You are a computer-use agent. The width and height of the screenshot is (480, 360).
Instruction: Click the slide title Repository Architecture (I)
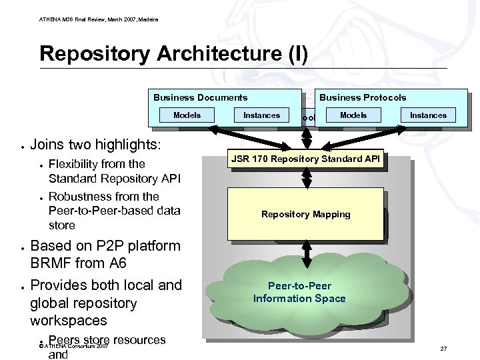pyautogui.click(x=173, y=53)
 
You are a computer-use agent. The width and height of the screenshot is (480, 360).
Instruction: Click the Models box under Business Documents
pyautogui.click(x=187, y=115)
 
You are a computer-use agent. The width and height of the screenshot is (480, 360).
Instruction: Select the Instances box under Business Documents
pyautogui.click(x=261, y=115)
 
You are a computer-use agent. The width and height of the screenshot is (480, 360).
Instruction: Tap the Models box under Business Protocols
pyautogui.click(x=353, y=115)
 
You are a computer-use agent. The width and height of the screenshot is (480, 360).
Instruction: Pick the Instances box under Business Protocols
pyautogui.click(x=428, y=115)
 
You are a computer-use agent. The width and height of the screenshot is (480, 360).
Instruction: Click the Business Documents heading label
pyautogui.click(x=200, y=97)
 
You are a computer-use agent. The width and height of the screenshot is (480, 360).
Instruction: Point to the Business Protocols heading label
pyautogui.click(x=363, y=97)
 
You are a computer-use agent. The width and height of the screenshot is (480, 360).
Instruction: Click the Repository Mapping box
pyautogui.click(x=305, y=214)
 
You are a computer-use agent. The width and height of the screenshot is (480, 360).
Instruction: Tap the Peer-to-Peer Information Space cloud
pyautogui.click(x=299, y=293)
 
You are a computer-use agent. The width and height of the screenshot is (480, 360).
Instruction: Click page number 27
pyautogui.click(x=443, y=349)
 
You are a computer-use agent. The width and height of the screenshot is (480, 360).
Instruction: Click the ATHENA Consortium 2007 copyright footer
pyautogui.click(x=73, y=347)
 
